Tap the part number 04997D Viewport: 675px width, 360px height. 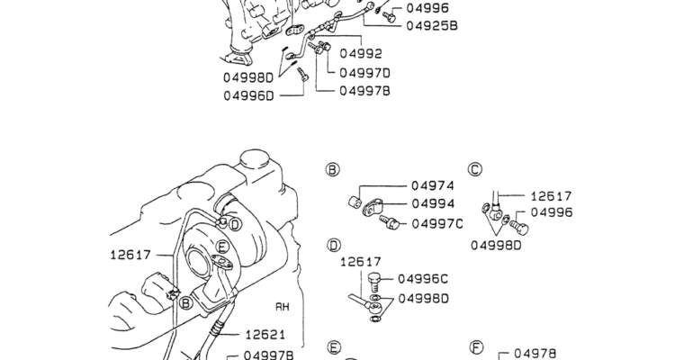pyautogui.click(x=366, y=73)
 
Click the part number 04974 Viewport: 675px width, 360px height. pyautogui.click(x=434, y=187)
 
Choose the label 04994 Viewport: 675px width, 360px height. pyautogui.click(x=434, y=204)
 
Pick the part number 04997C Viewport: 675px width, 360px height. pyautogui.click(x=438, y=223)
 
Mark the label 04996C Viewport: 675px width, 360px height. pyautogui.click(x=422, y=279)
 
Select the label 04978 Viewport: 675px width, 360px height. pyautogui.click(x=535, y=354)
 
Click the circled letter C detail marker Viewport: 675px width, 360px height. pyautogui.click(x=475, y=169)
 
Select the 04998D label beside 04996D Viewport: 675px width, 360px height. pyautogui.click(x=247, y=77)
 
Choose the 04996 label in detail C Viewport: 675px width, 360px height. pyautogui.click(x=552, y=212)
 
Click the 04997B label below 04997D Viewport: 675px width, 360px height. pyautogui.click(x=366, y=90)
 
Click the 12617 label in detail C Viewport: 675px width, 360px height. pyautogui.click(x=551, y=195)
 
